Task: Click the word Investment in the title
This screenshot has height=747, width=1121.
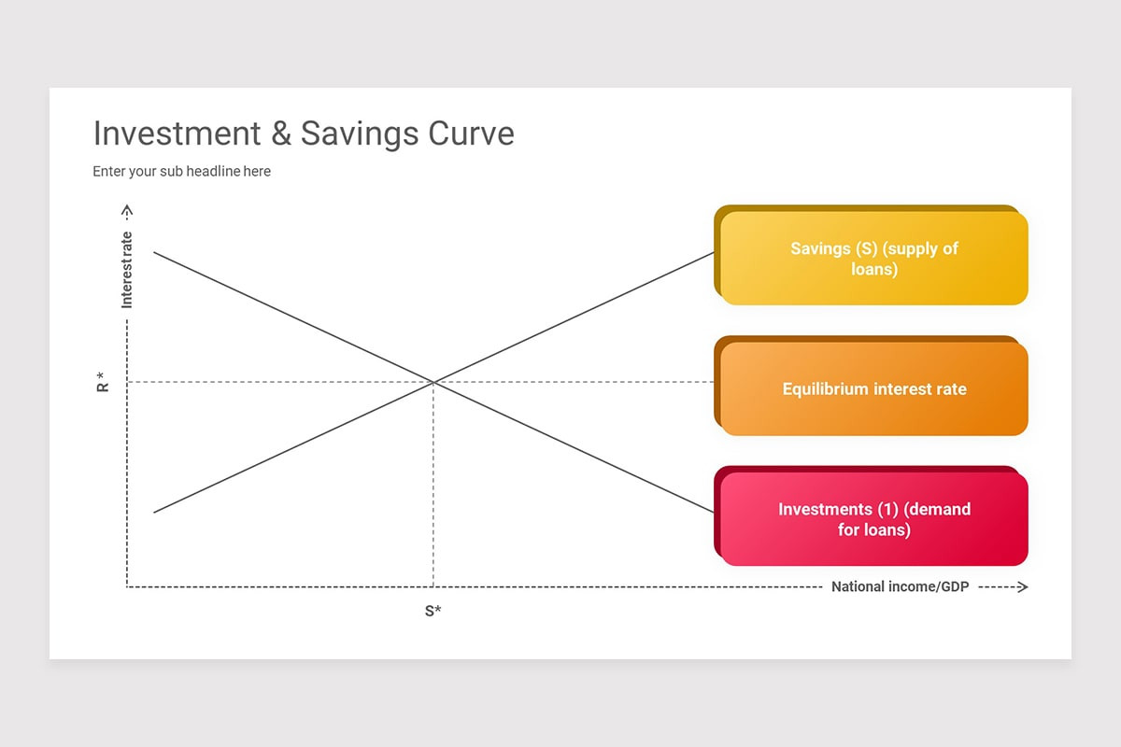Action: (x=177, y=134)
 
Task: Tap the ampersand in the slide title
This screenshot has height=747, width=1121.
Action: (x=280, y=134)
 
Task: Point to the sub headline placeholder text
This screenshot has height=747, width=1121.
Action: (x=181, y=172)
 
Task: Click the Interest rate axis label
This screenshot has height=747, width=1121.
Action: (x=127, y=270)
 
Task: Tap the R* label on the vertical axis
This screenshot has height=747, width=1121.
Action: (x=103, y=382)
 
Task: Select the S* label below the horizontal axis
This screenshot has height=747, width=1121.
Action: (x=433, y=612)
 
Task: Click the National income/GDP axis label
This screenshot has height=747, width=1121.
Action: (x=900, y=587)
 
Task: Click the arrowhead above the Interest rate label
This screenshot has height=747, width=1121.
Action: (x=127, y=210)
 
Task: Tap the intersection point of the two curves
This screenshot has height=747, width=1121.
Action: (x=433, y=382)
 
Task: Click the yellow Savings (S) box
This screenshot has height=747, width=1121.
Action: (x=874, y=259)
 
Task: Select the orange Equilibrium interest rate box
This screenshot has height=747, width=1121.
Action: (x=874, y=388)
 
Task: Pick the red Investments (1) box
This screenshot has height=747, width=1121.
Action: (x=874, y=519)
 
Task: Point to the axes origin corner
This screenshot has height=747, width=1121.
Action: (x=127, y=587)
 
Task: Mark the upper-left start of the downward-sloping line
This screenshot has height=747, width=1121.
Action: (x=155, y=252)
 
